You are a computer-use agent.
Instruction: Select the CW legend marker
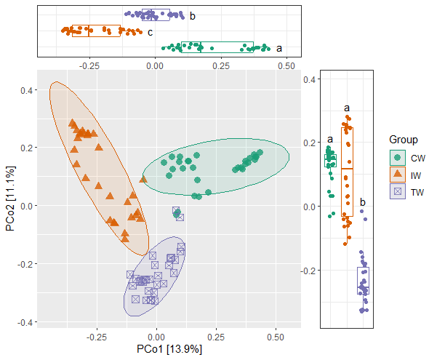pyautogui.click(x=398, y=157)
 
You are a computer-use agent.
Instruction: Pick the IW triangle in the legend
pyautogui.click(x=398, y=175)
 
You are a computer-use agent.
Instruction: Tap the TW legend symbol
pyautogui.click(x=398, y=192)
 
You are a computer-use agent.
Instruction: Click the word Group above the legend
pyautogui.click(x=404, y=140)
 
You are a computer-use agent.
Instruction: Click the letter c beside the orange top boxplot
pyautogui.click(x=150, y=32)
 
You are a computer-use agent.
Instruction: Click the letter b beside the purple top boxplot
pyautogui.click(x=192, y=15)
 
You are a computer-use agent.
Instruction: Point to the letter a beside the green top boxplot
pyautogui.click(x=279, y=49)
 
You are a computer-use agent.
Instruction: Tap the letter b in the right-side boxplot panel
pyautogui.click(x=363, y=202)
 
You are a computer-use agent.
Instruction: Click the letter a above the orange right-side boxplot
pyautogui.click(x=347, y=108)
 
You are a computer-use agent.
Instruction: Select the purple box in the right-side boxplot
pyautogui.click(x=363, y=281)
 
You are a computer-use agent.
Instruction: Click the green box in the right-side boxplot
pyautogui.click(x=331, y=161)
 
